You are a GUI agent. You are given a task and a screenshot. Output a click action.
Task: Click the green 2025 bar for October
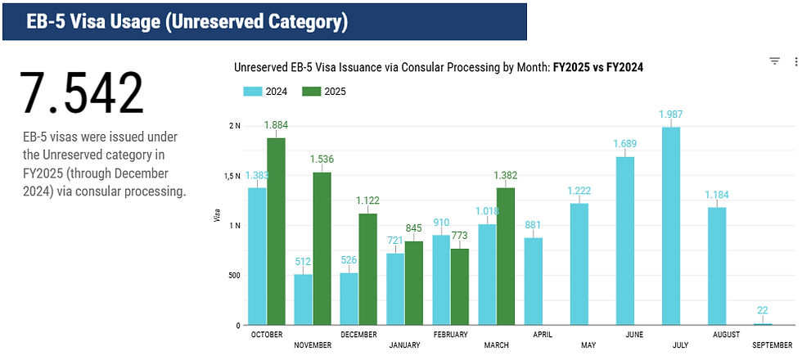pos(277,232)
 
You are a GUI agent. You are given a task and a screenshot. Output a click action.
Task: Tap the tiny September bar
pos(763,324)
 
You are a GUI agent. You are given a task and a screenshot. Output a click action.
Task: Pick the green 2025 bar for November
pos(322,249)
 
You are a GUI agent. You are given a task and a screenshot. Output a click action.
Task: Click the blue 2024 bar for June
pos(625,241)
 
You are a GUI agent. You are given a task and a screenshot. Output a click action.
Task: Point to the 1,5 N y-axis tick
pos(232,176)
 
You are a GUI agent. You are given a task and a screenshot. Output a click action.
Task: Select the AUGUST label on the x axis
pos(727,335)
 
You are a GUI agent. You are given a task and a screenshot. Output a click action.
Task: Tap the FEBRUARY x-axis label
pos(450,335)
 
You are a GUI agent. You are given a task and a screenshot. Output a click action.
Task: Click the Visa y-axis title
pos(217,218)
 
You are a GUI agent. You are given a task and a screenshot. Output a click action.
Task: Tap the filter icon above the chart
pos(774,61)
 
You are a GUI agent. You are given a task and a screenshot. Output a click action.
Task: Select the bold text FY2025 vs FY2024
pos(598,67)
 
